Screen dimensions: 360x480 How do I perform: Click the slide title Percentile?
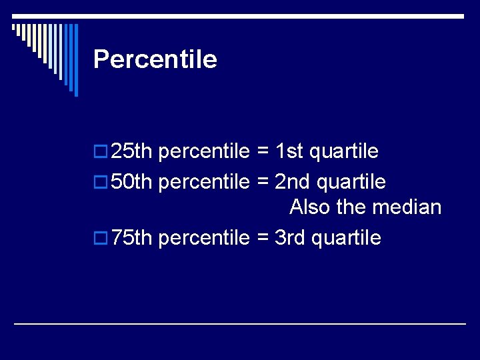(155, 59)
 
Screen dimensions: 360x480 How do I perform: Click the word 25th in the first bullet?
(132, 151)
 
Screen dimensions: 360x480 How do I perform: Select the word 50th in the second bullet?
(132, 181)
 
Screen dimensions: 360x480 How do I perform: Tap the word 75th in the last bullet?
(132, 237)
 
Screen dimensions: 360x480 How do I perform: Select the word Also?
(310, 207)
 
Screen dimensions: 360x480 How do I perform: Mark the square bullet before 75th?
(100, 239)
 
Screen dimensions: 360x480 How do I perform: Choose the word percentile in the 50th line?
(204, 181)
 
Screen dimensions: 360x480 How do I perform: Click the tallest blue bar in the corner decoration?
(75, 60)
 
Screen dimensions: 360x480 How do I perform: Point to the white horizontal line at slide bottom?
(240, 323)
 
